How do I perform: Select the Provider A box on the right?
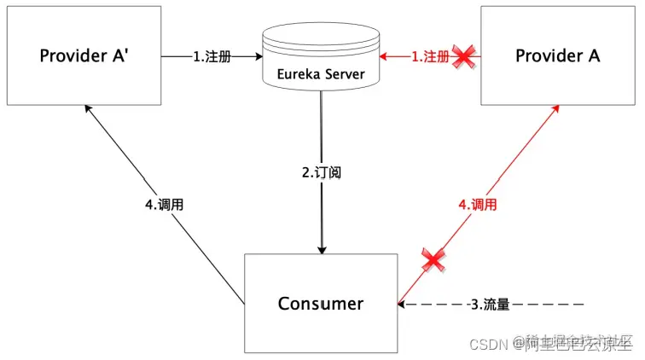click(x=558, y=55)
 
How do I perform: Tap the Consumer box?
click(x=320, y=304)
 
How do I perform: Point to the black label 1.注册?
click(x=212, y=56)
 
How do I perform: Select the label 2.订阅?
click(x=322, y=171)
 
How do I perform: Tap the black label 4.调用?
click(x=165, y=205)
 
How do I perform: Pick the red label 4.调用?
click(x=478, y=205)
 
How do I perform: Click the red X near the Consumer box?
click(x=433, y=260)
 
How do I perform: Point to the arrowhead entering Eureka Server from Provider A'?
click(x=256, y=56)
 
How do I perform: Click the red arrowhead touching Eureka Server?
click(x=385, y=56)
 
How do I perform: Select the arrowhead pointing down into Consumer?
click(x=322, y=249)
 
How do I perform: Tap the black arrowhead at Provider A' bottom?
click(x=88, y=108)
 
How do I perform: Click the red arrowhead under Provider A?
click(x=556, y=108)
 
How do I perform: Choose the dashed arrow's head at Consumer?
click(x=403, y=304)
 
